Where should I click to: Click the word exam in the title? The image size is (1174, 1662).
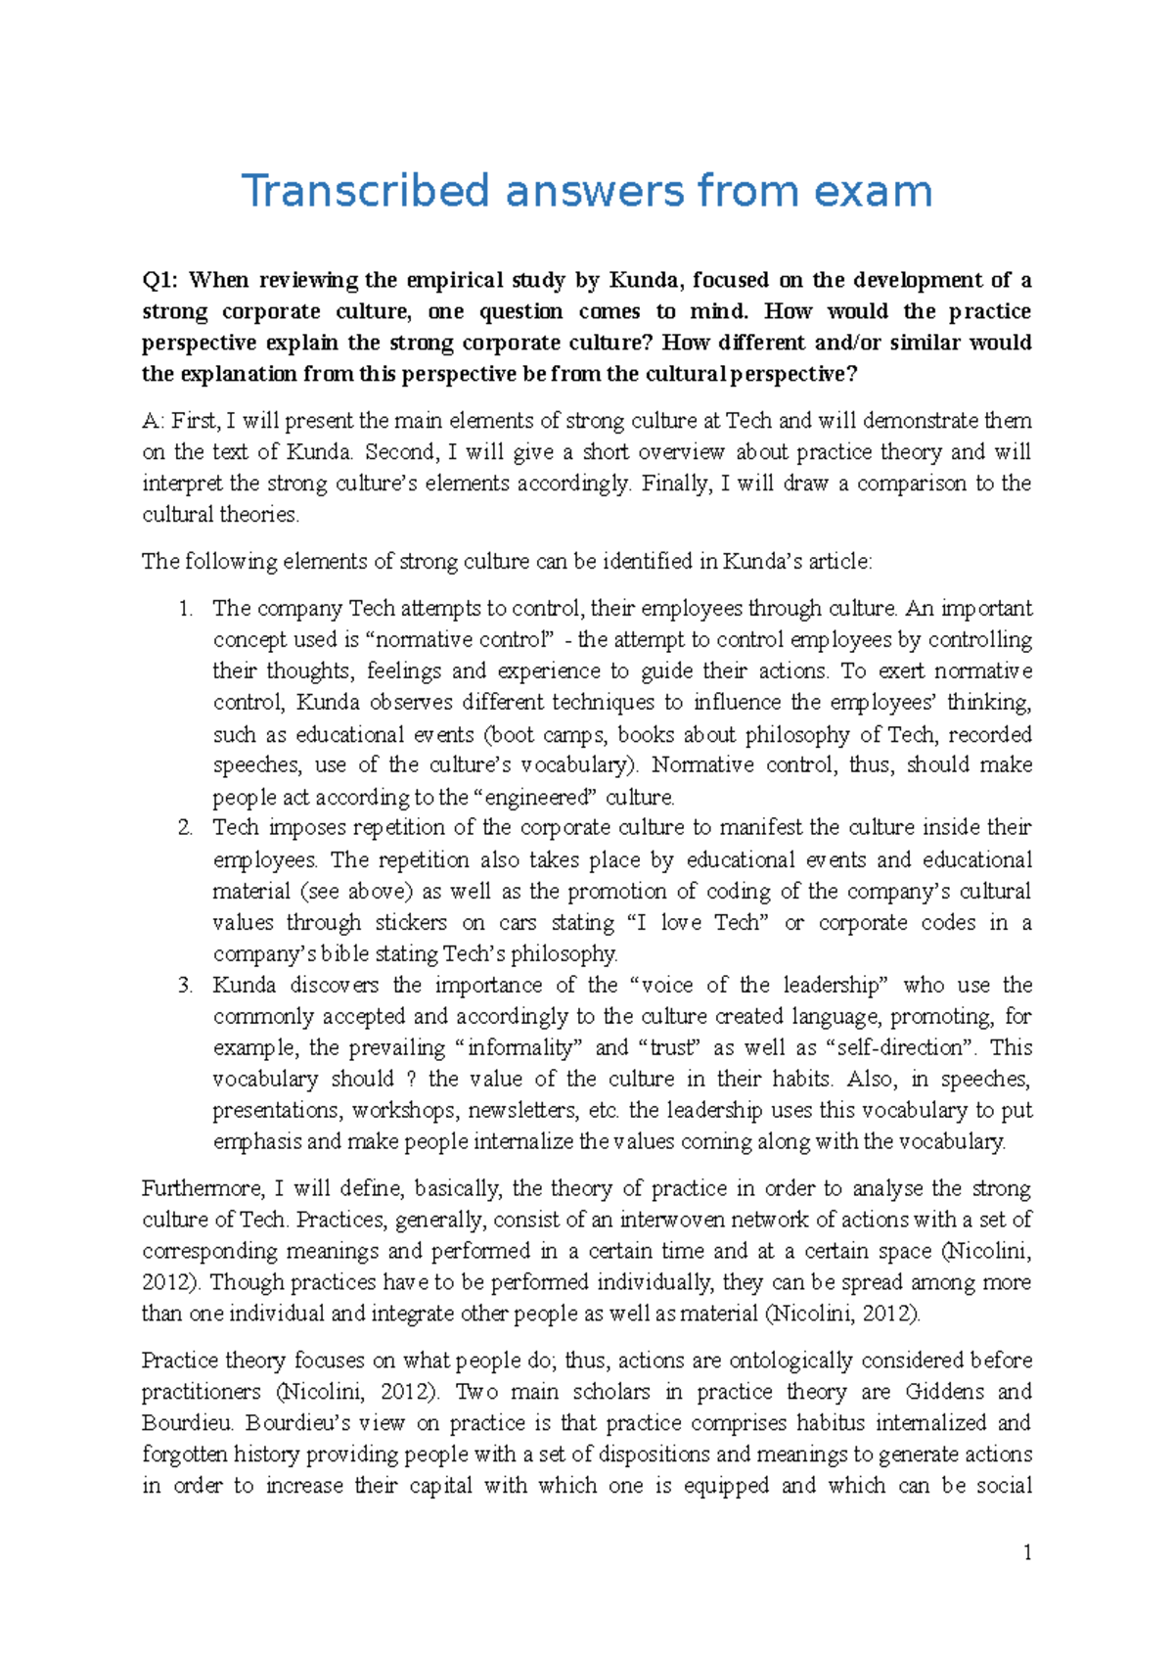point(873,191)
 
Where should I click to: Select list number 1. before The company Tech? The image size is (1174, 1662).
point(187,609)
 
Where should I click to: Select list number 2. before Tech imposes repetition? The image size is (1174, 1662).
point(187,828)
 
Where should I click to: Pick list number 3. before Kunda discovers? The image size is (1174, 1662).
point(187,986)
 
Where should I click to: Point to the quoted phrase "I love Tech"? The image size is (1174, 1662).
point(699,923)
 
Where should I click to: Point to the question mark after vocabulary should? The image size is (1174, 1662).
point(411,1080)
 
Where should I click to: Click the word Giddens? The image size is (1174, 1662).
point(941,1392)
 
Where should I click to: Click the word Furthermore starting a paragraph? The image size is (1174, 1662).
point(203,1189)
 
